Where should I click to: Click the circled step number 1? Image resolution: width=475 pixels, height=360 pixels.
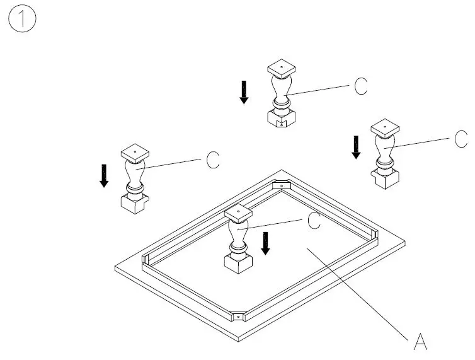pos(23,20)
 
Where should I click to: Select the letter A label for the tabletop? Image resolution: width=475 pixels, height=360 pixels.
pos(420,342)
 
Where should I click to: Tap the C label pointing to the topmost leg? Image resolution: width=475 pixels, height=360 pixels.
pos(360,86)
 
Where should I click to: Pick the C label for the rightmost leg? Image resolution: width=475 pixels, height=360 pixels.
pos(461,139)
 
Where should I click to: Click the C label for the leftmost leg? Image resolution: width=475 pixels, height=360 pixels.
pos(213,161)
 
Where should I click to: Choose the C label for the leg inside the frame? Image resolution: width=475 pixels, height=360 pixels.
pos(313,220)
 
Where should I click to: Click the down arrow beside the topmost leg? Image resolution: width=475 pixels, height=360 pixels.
pos(244,92)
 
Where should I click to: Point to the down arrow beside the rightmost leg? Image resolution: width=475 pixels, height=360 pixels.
pos(356,147)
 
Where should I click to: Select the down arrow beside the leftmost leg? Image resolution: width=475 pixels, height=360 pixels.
pos(104,175)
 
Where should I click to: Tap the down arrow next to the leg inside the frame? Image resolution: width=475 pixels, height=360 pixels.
pos(266,243)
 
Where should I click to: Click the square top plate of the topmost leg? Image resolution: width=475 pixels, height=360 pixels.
pos(282,67)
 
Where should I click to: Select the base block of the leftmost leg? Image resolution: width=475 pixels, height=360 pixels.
pos(134,204)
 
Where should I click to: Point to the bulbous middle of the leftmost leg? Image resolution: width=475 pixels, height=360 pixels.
pos(135,171)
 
